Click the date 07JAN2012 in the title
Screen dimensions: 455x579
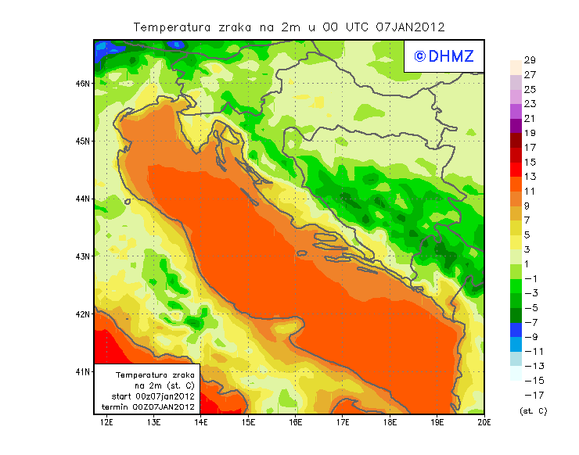[x=410, y=27]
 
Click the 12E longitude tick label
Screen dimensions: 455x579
[x=107, y=423]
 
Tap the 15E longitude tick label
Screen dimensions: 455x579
[x=249, y=423]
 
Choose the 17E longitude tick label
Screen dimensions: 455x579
[x=343, y=423]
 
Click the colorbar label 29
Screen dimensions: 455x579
[x=529, y=60]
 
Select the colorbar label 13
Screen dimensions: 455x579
[x=529, y=177]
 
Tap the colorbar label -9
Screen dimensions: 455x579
[x=530, y=337]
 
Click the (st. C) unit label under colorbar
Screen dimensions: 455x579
[x=533, y=410]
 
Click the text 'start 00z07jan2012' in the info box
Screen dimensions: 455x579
[x=148, y=396]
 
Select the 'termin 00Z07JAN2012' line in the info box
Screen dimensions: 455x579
[x=148, y=407]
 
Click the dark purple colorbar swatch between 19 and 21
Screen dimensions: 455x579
[x=516, y=126]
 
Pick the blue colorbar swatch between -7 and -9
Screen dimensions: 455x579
[x=516, y=329]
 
